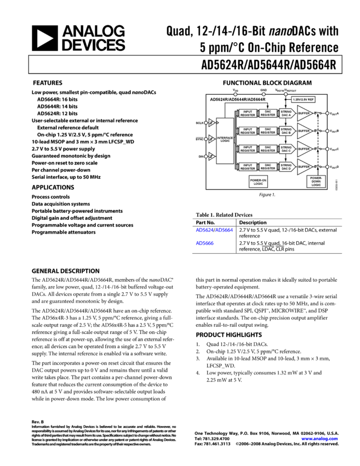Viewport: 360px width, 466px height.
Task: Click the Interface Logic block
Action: (x=225, y=140)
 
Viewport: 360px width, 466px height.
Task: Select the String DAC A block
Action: (x=286, y=113)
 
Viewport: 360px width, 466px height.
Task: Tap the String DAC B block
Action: (x=286, y=131)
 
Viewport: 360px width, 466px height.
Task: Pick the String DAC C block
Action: (x=286, y=149)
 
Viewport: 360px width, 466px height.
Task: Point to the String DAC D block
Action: (x=286, y=166)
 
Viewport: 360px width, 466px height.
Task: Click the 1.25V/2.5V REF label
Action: (x=303, y=100)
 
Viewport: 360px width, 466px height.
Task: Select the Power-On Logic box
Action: (x=258, y=182)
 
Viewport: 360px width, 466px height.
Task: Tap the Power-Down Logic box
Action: (x=316, y=181)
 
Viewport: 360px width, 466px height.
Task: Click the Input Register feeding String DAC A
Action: (x=248, y=113)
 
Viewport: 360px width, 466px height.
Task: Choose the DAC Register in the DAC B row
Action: (x=268, y=131)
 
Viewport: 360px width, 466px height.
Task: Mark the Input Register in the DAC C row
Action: (x=248, y=149)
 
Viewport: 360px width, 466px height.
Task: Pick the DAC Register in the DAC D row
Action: (x=268, y=166)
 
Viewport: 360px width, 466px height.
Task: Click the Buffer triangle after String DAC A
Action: (x=304, y=113)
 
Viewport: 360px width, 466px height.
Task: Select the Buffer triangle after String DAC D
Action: (x=304, y=167)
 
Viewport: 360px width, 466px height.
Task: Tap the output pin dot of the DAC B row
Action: (x=328, y=131)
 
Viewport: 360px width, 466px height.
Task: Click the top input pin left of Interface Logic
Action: (x=206, y=123)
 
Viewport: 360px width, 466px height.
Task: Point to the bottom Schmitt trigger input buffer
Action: (x=212, y=156)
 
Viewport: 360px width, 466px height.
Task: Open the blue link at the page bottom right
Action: (x=319, y=439)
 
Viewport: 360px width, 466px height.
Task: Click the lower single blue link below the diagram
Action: (x=205, y=243)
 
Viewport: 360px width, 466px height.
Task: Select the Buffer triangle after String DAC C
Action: (x=304, y=149)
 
